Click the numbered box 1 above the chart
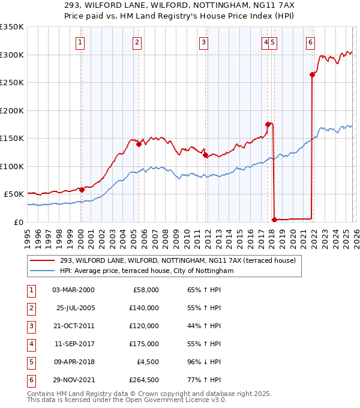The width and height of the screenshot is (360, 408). (80, 42)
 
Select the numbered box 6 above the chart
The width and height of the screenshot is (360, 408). (310, 42)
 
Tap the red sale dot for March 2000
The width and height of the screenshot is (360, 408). (82, 190)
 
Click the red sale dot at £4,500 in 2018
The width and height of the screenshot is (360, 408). (274, 220)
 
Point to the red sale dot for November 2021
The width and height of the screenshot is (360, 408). (312, 74)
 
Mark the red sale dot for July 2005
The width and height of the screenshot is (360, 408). (139, 144)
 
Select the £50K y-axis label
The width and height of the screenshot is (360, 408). (14, 194)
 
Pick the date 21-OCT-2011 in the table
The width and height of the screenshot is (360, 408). (73, 326)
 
